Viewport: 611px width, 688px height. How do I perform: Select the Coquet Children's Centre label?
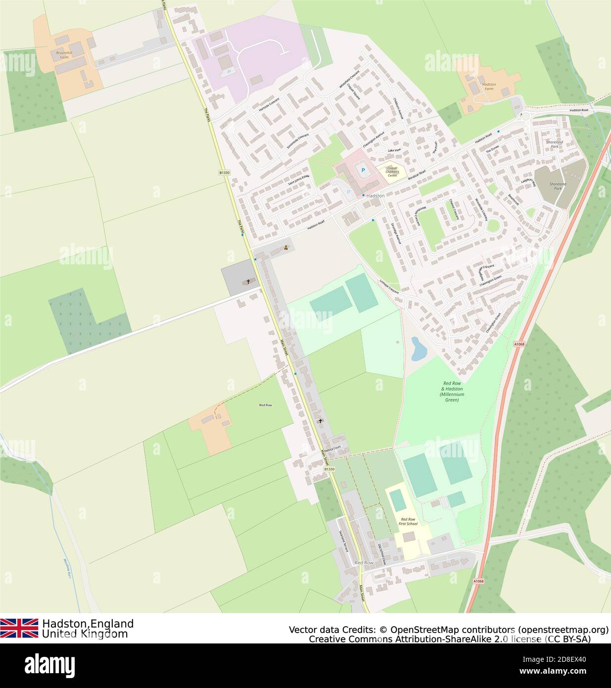(392, 171)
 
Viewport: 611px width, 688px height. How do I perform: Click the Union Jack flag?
(19, 628)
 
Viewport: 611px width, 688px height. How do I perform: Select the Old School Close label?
(382, 554)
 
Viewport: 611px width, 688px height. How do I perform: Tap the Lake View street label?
(394, 150)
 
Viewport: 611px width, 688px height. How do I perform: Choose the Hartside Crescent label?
(269, 105)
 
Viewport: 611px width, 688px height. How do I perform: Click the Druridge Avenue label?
(395, 233)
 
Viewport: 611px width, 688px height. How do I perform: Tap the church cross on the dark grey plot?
(248, 282)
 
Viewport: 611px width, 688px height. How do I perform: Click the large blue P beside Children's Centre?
(363, 171)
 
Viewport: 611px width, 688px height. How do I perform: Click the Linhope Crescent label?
(389, 287)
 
